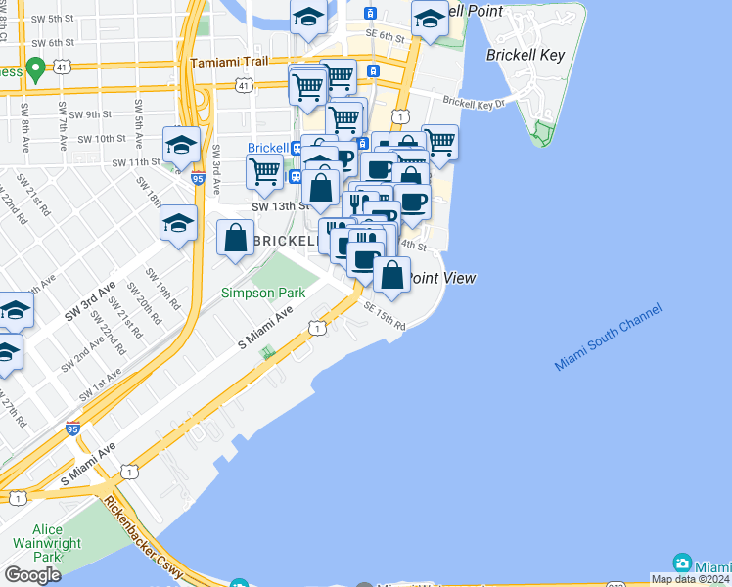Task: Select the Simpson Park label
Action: coord(262,293)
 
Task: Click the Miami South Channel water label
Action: coord(607,338)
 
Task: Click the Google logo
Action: coord(32,575)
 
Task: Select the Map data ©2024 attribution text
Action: coord(689,579)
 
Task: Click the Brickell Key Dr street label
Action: coord(474,102)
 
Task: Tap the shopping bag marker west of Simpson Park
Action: coord(235,238)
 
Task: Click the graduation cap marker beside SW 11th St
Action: coord(181,146)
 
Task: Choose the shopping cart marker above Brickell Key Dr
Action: coord(439,143)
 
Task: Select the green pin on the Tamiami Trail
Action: coord(36,68)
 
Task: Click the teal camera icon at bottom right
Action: coord(682,564)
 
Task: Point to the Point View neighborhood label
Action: coord(441,279)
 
